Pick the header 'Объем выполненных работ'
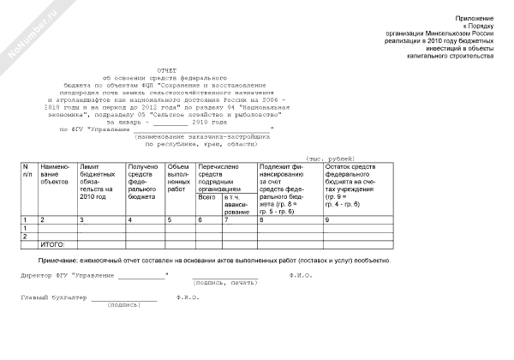click(x=178, y=176)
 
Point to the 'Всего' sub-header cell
click(x=206, y=197)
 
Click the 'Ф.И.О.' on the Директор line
click(x=301, y=276)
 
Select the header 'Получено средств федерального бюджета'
click(x=142, y=181)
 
